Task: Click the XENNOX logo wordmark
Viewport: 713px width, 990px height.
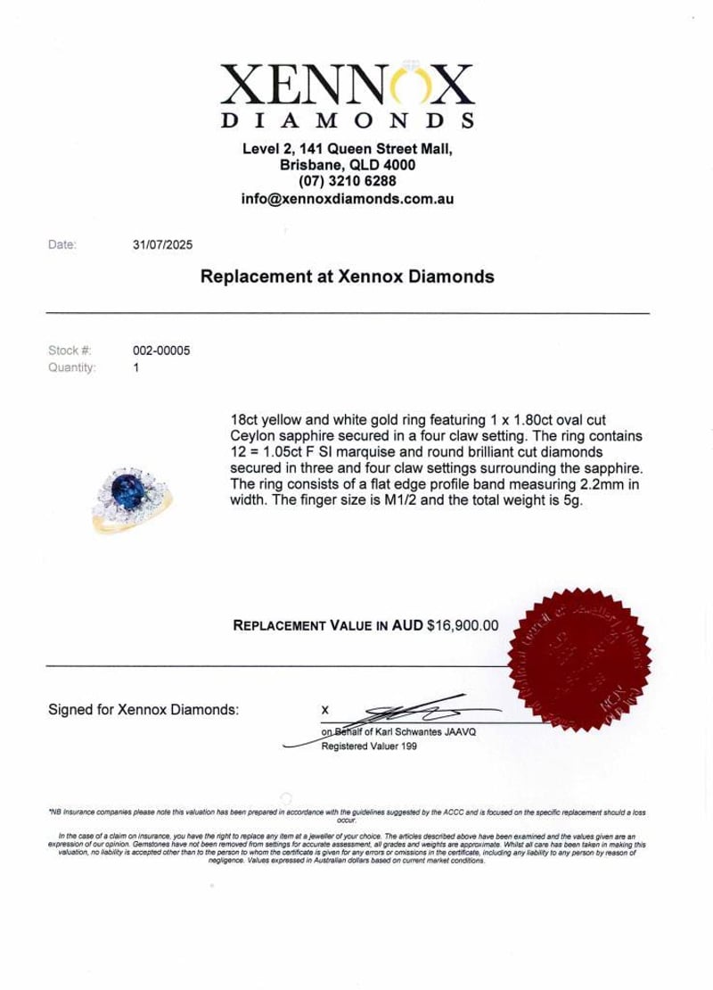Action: (x=348, y=87)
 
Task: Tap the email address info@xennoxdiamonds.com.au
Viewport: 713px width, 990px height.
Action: (x=348, y=200)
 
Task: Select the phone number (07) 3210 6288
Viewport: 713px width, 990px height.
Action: (x=348, y=183)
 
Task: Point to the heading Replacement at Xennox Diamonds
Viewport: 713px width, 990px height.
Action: (x=348, y=277)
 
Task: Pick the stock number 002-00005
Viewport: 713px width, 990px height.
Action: (x=161, y=351)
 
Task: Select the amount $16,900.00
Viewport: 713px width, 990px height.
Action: (x=463, y=626)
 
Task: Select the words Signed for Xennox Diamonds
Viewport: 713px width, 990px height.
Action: (x=143, y=710)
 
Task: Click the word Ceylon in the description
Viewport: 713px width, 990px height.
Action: (x=258, y=434)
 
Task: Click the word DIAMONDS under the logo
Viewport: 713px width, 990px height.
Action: (x=347, y=120)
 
